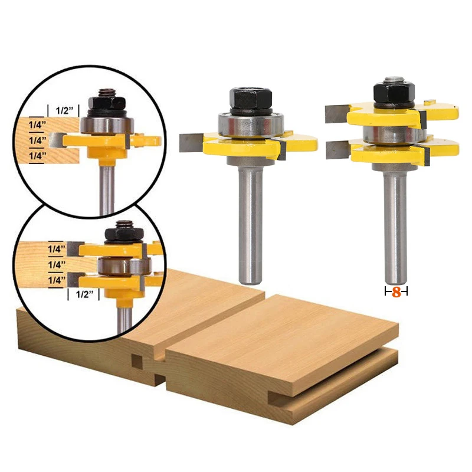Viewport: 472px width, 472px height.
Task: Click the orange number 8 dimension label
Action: tap(396, 291)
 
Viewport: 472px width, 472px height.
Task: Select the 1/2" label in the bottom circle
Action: tap(83, 294)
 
